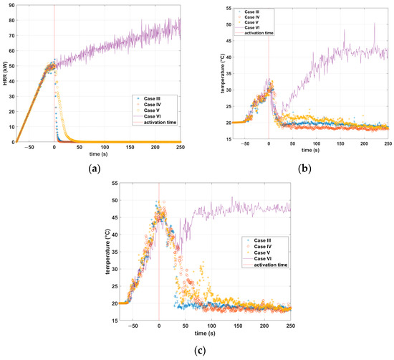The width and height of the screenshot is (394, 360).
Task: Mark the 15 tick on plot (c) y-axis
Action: pyautogui.click(x=113, y=321)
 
